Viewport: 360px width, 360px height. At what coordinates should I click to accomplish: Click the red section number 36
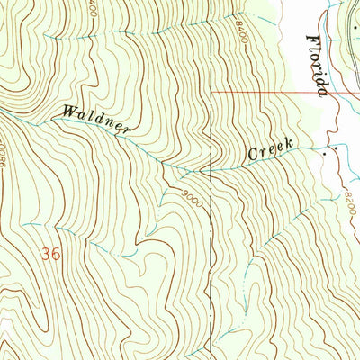(x=51, y=255)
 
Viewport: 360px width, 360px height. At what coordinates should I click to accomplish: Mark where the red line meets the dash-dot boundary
(x=211, y=92)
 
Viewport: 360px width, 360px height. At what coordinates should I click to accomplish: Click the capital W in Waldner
(x=68, y=112)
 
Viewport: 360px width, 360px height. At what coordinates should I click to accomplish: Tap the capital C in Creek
(x=253, y=157)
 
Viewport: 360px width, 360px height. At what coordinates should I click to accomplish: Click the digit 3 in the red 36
(x=46, y=255)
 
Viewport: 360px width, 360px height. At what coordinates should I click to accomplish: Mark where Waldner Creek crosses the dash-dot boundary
(x=211, y=169)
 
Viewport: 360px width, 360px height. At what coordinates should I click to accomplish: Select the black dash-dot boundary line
(x=211, y=270)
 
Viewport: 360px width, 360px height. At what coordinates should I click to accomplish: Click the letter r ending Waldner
(x=126, y=130)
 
